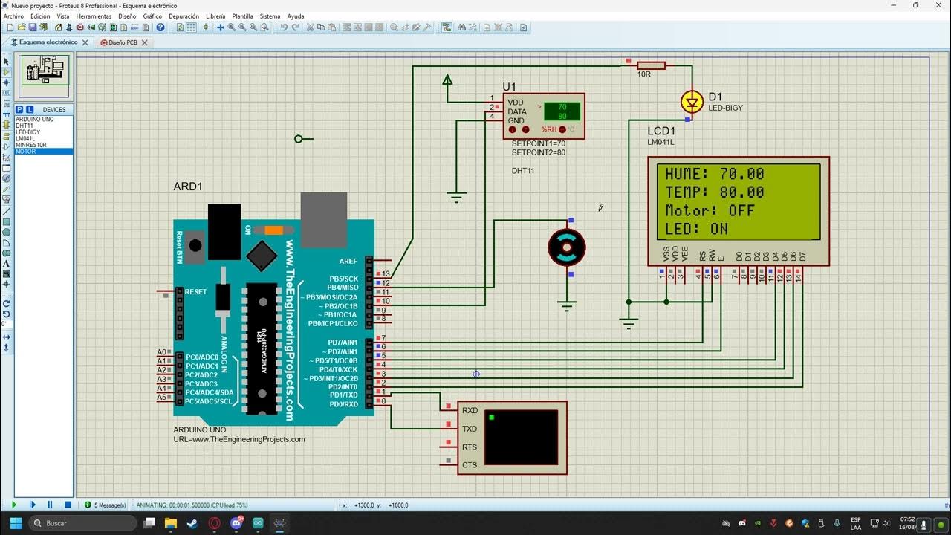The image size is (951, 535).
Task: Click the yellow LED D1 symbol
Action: tap(692, 102)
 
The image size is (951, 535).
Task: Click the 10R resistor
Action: tap(652, 65)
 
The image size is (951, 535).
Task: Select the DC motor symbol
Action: tap(567, 247)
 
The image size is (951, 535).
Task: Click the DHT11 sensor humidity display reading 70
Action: tap(562, 107)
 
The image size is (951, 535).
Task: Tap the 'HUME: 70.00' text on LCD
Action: tap(714, 174)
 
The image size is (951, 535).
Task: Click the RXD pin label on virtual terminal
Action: tap(470, 410)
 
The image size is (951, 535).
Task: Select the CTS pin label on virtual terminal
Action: tap(470, 465)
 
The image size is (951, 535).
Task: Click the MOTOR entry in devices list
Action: tap(26, 152)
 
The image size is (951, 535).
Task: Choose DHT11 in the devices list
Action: tap(25, 126)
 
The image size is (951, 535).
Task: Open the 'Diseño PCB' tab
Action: tap(123, 42)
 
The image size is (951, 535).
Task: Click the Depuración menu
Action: tap(184, 16)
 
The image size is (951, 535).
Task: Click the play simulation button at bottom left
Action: tap(13, 505)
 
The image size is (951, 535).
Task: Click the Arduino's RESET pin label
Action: tap(196, 292)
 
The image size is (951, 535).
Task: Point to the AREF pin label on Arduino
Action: tap(348, 262)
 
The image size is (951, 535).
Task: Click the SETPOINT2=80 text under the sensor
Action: tap(538, 152)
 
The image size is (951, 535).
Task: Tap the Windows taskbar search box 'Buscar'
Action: tap(82, 523)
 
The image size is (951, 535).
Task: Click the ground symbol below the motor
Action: tap(567, 305)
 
